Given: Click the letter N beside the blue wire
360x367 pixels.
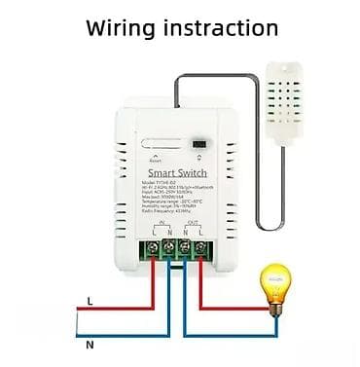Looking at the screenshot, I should tap(90, 344).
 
